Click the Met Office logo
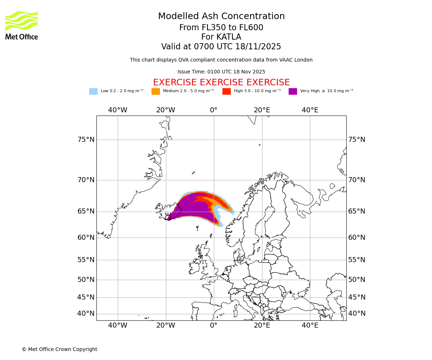tap(22, 25)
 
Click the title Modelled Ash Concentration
tap(221, 17)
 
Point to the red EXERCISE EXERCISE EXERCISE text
tap(221, 82)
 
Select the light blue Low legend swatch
tap(93, 91)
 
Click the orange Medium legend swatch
tap(156, 91)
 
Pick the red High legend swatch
tap(226, 91)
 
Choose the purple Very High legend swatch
tap(293, 91)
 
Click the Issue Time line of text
tap(221, 72)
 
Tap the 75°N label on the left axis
tap(86, 140)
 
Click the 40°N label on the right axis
tap(356, 314)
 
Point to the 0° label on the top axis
tap(214, 110)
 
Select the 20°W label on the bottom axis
tap(166, 325)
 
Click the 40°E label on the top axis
tap(310, 110)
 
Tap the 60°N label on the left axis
tap(86, 238)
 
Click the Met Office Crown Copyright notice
tap(59, 350)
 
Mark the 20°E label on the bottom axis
tap(262, 325)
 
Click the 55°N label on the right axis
tap(356, 260)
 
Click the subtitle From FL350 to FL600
tap(221, 28)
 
